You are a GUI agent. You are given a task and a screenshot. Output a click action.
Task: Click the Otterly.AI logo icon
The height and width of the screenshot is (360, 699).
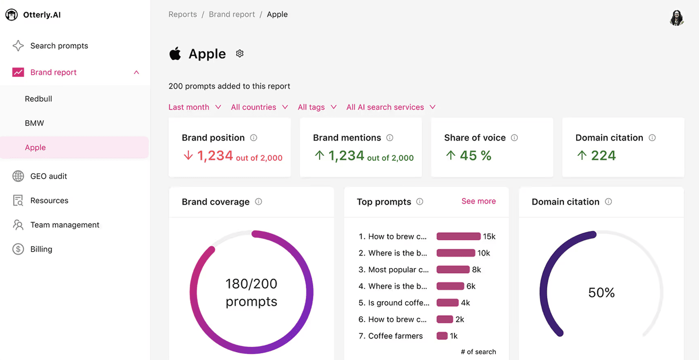pyautogui.click(x=11, y=15)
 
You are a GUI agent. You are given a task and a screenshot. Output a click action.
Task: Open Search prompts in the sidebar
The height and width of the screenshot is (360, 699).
pyautogui.click(x=59, y=46)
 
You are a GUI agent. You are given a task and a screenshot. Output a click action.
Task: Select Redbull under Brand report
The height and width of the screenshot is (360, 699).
pyautogui.click(x=38, y=99)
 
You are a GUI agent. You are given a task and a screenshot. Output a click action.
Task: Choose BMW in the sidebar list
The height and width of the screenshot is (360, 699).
pyautogui.click(x=34, y=123)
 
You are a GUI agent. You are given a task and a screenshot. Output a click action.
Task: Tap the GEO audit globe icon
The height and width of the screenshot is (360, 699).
pyautogui.click(x=18, y=176)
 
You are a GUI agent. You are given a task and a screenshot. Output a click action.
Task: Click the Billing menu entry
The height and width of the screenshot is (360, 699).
pyautogui.click(x=41, y=249)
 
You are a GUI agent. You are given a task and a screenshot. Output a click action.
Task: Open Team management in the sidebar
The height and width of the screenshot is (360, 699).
pyautogui.click(x=64, y=225)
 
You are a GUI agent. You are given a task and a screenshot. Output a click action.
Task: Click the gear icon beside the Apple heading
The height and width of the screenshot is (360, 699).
pyautogui.click(x=240, y=53)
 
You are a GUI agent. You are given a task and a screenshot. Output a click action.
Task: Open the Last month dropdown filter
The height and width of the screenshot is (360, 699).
pyautogui.click(x=195, y=107)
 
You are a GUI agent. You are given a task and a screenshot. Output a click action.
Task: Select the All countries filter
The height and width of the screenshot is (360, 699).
pyautogui.click(x=259, y=107)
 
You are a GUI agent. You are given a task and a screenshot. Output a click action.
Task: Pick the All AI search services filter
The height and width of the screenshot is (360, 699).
pyautogui.click(x=390, y=107)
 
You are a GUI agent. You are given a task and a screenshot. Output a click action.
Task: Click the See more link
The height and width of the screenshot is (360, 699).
pyautogui.click(x=478, y=201)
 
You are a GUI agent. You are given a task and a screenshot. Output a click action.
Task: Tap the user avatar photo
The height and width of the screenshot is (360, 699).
pyautogui.click(x=677, y=18)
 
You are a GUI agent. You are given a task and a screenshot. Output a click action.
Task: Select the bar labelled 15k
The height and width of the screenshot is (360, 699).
pyautogui.click(x=458, y=236)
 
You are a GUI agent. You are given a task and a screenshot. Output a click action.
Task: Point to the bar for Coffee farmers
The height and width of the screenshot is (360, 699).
pyautogui.click(x=442, y=336)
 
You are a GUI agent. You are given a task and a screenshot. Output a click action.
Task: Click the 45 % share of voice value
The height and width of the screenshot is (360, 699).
pyautogui.click(x=475, y=156)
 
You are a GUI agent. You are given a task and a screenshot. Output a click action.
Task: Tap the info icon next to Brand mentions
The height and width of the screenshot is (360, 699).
pyautogui.click(x=390, y=138)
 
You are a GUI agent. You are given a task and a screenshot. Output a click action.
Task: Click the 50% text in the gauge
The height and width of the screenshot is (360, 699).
pyautogui.click(x=601, y=292)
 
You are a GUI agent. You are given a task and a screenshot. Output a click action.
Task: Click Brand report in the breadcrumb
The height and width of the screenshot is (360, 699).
pyautogui.click(x=232, y=14)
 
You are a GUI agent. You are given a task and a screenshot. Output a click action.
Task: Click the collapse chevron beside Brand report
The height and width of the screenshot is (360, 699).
pyautogui.click(x=136, y=72)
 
